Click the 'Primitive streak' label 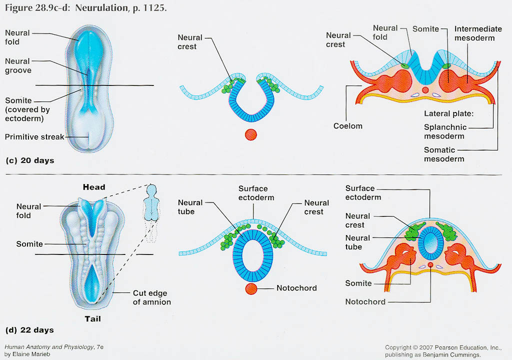coord(34,136)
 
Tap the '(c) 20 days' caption coord(29,161)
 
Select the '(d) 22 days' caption coord(29,330)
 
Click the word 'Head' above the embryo coord(94,187)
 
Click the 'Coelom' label coord(348,126)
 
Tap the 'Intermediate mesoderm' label coord(474,33)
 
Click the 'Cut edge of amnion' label coord(152,297)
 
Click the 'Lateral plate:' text coord(448,113)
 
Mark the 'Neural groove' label coord(18,66)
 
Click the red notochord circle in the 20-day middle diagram coord(250,134)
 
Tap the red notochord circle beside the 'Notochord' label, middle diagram coord(251,288)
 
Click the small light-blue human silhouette coord(150,202)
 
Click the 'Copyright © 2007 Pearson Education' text coord(433,347)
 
